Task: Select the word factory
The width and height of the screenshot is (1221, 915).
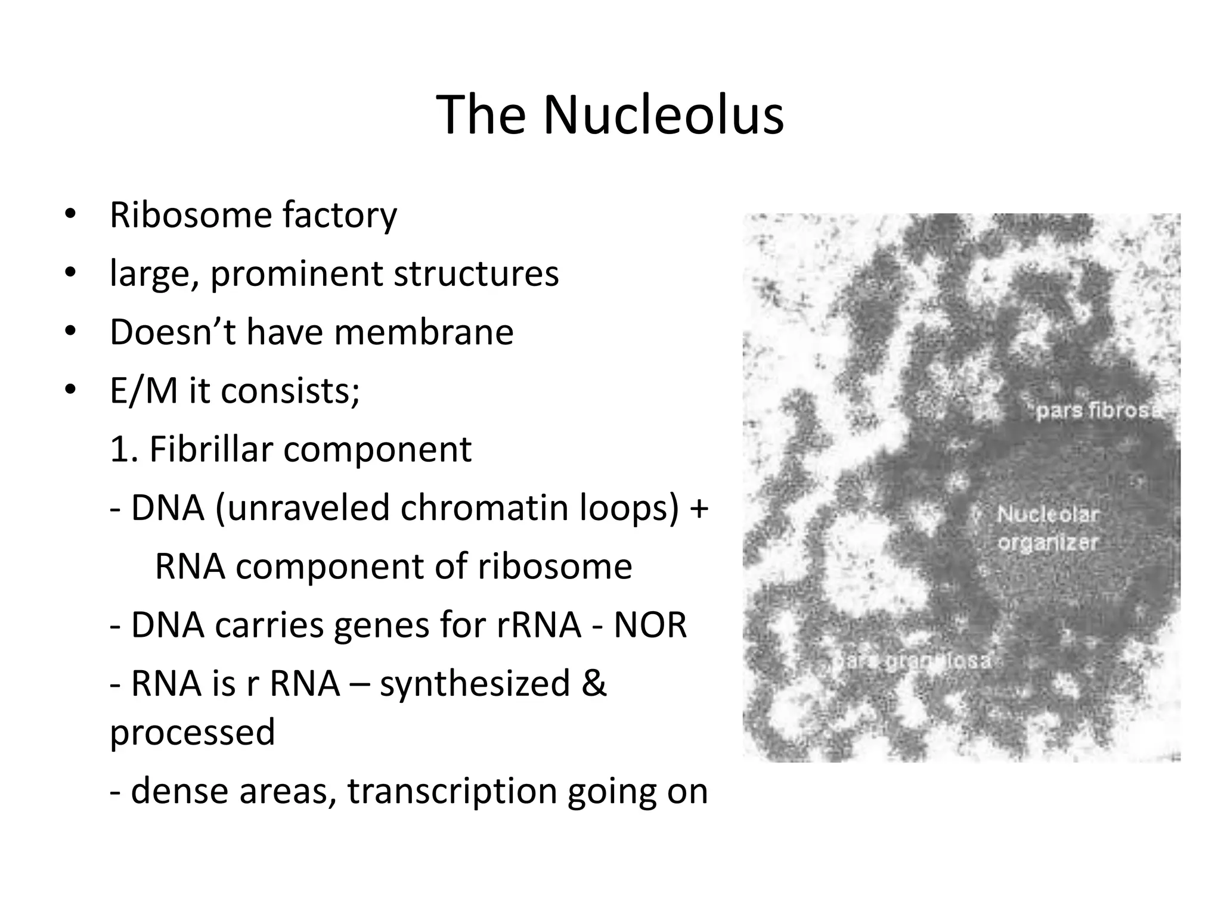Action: pos(339,216)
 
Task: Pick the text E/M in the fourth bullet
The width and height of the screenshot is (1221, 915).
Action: pos(144,391)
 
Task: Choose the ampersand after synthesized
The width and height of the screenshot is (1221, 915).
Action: pos(594,683)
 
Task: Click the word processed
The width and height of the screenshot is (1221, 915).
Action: pos(193,732)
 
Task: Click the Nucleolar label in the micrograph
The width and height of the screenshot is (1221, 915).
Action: pos(1048,514)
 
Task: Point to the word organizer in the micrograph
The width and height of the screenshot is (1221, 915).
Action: pos(1048,543)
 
